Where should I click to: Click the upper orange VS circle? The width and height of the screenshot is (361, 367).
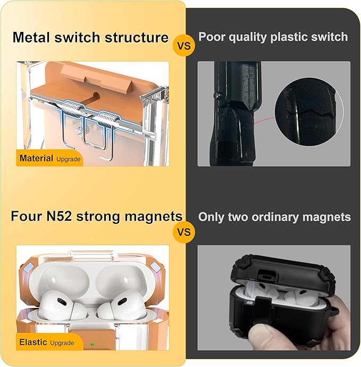point(184,45)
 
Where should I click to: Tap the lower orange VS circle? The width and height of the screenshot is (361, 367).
point(184,232)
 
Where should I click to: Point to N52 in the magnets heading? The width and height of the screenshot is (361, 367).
point(59,216)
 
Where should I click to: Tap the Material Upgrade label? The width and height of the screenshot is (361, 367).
point(50,159)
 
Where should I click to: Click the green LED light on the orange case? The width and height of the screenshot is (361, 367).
point(92,344)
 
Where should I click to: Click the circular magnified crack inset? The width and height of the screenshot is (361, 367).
point(309,112)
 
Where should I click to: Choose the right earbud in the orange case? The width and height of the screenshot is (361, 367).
point(121,305)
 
